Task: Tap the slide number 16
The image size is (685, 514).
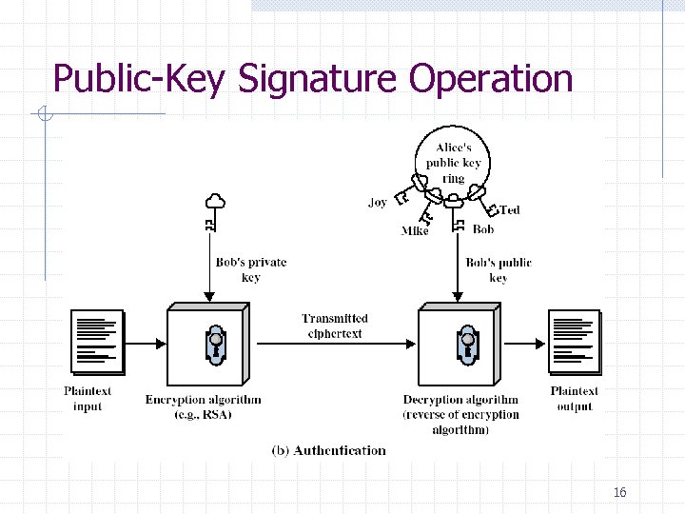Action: tap(620, 492)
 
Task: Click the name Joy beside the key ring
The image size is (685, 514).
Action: tap(378, 203)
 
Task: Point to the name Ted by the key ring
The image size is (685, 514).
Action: tap(510, 209)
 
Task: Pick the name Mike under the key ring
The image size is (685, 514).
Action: tap(415, 231)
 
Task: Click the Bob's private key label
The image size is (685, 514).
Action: tap(250, 269)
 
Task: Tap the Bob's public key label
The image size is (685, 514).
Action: tap(499, 269)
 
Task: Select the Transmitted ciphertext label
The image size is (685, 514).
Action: tap(335, 326)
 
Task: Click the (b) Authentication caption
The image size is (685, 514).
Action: tap(329, 450)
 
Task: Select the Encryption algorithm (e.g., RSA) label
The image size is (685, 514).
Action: tap(203, 406)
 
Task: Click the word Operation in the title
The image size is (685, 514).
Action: tap(491, 79)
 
